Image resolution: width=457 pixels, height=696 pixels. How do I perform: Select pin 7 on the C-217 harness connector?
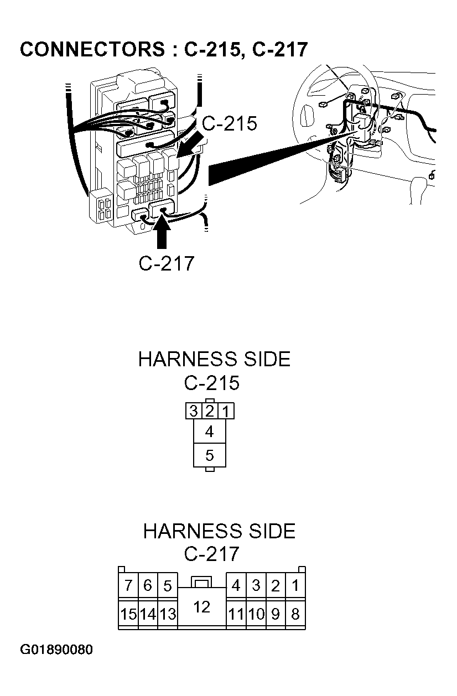(128, 585)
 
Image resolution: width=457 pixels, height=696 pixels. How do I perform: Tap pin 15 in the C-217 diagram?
(128, 614)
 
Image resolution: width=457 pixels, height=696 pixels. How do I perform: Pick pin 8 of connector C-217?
(295, 614)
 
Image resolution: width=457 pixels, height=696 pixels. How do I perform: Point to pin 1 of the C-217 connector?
(295, 585)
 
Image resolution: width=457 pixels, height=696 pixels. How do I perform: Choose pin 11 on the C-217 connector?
(236, 614)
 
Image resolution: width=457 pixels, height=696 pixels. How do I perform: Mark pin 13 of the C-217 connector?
(168, 614)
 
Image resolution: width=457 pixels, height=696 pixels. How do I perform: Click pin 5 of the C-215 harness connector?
(210, 455)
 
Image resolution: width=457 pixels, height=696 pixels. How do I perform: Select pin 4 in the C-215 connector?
(210, 432)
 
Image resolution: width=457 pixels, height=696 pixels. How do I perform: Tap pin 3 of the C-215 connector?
(194, 411)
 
